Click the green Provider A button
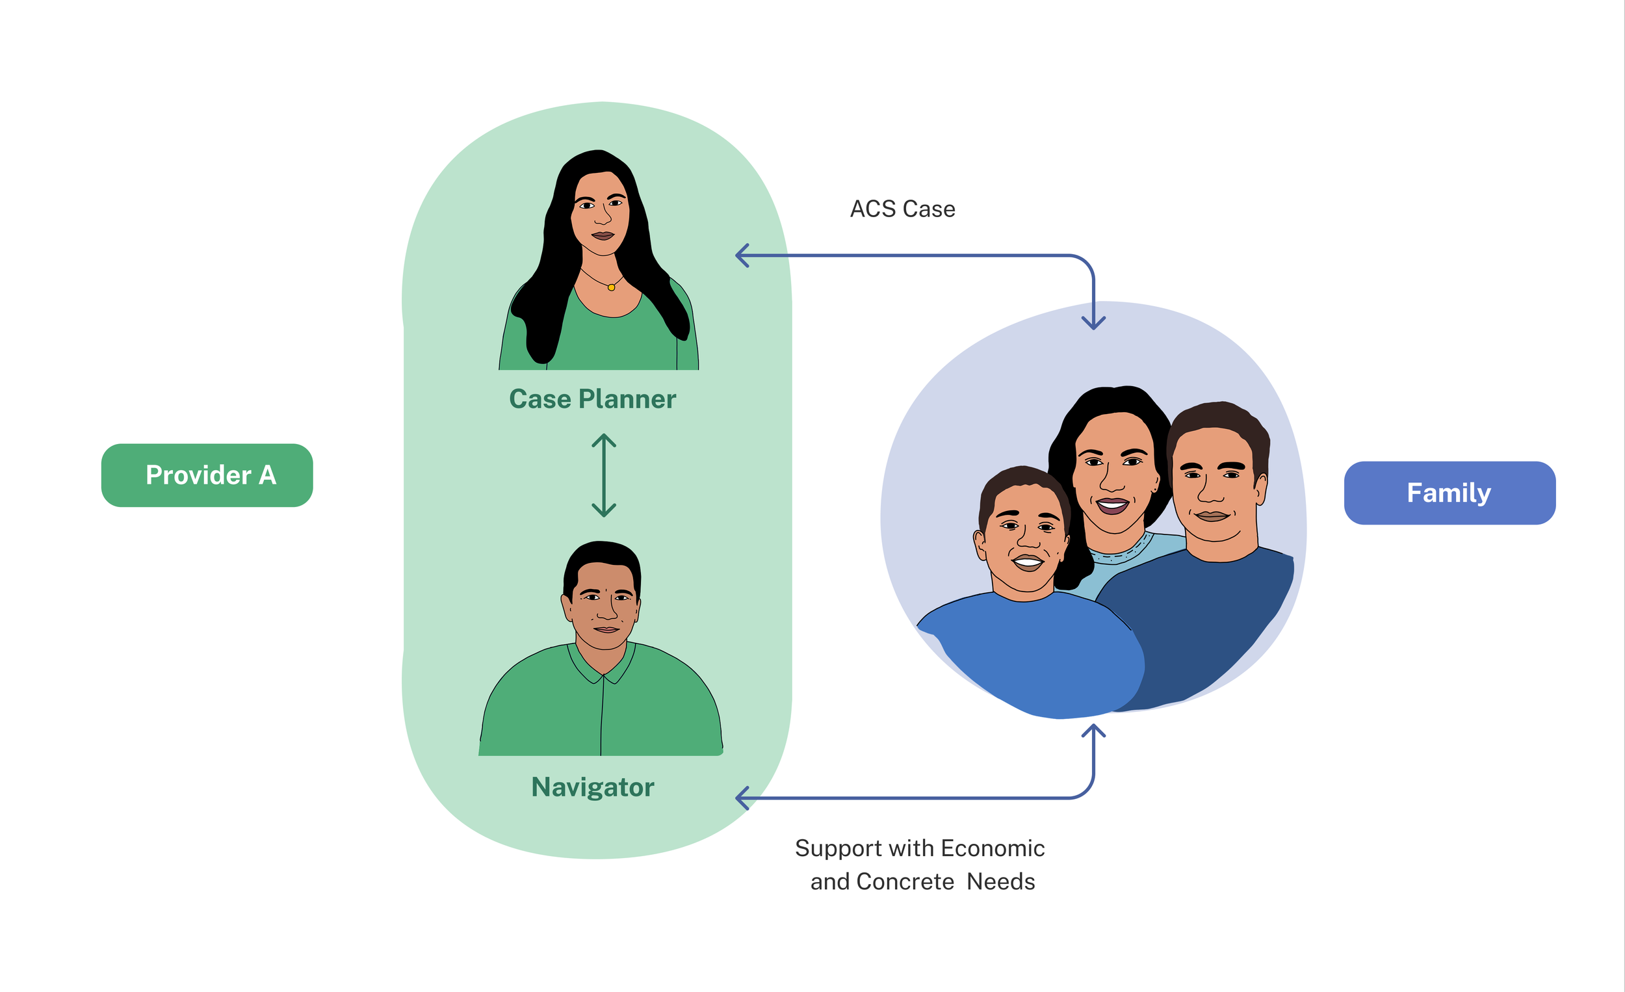pos(207,475)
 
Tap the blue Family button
pos(1449,493)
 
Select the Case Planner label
pos(592,399)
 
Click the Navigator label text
pos(592,787)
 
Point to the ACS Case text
pos(902,209)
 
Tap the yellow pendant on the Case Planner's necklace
pos(612,287)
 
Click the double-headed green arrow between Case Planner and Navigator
pos(603,475)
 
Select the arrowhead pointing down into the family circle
pos(1093,322)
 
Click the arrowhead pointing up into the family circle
pos(1093,731)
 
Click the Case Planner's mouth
pos(602,235)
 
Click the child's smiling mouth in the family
pos(1027,562)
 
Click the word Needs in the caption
pos(1000,882)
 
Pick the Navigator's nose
pos(606,611)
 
